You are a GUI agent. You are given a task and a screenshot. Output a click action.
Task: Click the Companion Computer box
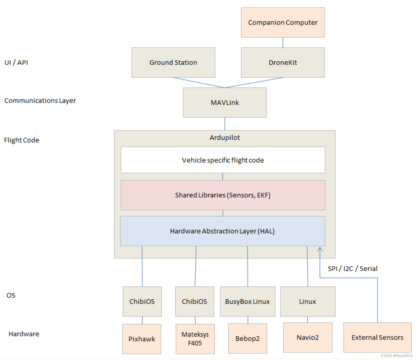[283, 23]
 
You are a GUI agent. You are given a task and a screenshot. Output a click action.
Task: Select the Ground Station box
[173, 63]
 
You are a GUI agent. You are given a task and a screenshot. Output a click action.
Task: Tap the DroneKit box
[283, 63]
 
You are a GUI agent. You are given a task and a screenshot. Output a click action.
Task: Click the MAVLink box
[225, 103]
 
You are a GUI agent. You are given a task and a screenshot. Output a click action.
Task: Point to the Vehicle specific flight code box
[223, 160]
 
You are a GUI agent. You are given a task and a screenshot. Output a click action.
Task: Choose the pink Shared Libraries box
[223, 195]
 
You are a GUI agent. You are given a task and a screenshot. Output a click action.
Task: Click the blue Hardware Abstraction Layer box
[223, 231]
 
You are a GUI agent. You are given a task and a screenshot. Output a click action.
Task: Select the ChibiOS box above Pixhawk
[142, 301]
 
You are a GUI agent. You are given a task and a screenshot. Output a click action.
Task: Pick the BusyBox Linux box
[247, 301]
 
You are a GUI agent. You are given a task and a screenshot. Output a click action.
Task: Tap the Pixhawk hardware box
[142, 339]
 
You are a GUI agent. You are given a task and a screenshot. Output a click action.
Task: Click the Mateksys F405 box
[195, 339]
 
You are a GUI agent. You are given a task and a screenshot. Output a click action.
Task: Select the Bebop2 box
[247, 339]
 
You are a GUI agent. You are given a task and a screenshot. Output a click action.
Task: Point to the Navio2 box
[308, 337]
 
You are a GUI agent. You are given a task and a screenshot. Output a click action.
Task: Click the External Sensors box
[377, 337]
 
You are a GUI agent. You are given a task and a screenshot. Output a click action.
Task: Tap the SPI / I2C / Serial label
[353, 269]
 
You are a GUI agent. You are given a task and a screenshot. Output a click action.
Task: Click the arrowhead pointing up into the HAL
[320, 249]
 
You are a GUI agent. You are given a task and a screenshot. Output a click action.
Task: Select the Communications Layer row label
[40, 100]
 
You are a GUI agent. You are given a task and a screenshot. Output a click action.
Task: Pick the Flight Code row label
[22, 140]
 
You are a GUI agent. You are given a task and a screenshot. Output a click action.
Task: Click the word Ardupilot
[225, 137]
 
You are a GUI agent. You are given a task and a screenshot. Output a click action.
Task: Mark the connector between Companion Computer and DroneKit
[283, 42]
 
